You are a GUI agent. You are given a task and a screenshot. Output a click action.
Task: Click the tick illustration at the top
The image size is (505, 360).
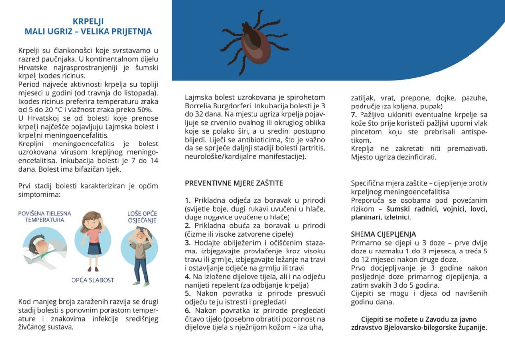[254, 42]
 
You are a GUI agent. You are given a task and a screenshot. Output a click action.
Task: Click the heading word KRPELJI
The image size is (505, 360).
[88, 21]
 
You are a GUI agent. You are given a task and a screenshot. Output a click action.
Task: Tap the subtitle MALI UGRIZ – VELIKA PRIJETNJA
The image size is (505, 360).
[88, 32]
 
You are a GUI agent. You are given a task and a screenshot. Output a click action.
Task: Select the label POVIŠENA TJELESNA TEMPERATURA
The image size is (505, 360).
[44, 216]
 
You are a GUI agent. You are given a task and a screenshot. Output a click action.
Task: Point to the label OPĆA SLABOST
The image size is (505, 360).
[93, 280]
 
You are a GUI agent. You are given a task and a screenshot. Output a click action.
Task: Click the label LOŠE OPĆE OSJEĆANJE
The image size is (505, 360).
[142, 217]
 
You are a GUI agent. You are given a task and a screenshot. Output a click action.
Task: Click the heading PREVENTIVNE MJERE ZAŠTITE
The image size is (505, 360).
[234, 183]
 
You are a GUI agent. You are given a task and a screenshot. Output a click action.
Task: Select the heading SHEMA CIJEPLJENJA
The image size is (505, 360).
[383, 234]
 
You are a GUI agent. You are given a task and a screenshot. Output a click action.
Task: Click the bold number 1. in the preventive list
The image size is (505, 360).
[188, 200]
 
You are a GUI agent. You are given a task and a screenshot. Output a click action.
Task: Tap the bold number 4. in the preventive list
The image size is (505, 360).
[188, 276]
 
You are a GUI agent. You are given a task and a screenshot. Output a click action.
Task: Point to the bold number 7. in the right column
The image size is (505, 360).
[354, 115]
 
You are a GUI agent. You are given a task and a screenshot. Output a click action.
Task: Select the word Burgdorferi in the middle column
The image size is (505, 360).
[237, 106]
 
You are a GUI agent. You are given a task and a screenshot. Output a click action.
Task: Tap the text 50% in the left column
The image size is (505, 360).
[145, 110]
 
